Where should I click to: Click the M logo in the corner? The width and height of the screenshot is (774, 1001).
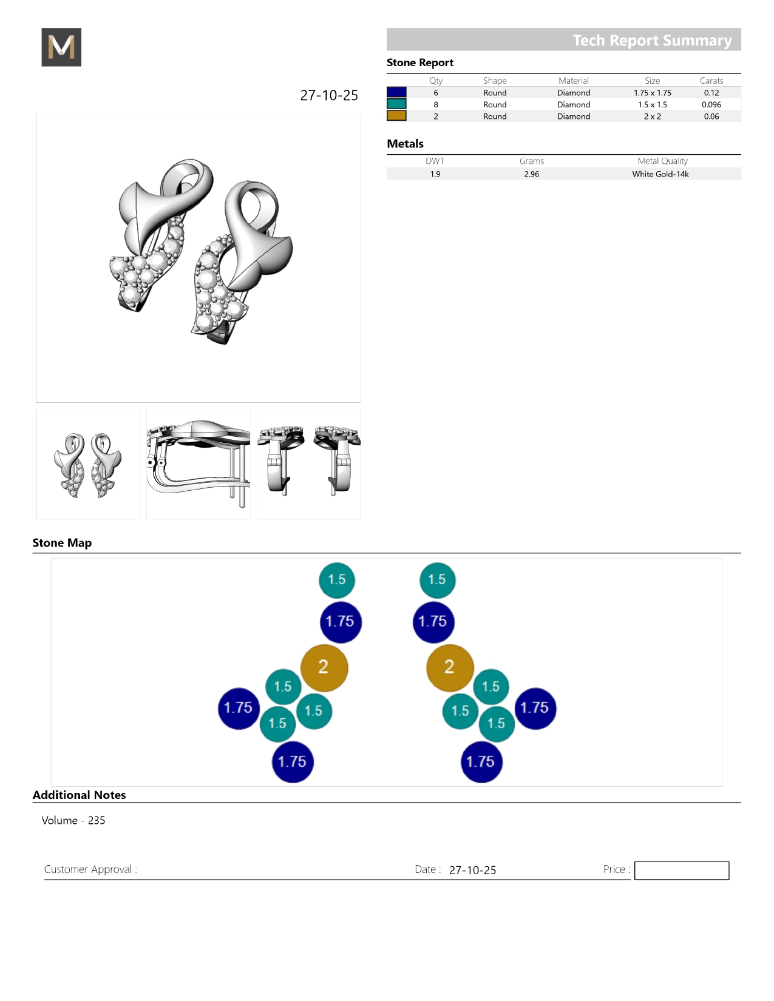pyautogui.click(x=61, y=47)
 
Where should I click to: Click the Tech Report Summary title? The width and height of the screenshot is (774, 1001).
pyautogui.click(x=652, y=40)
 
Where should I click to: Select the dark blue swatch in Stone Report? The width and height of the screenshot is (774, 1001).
pyautogui.click(x=396, y=92)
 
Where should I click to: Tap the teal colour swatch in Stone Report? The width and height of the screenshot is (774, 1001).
pyautogui.click(x=396, y=104)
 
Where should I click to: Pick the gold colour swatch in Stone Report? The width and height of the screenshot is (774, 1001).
pyautogui.click(x=396, y=116)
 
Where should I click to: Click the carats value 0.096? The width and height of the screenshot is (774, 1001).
pyautogui.click(x=711, y=104)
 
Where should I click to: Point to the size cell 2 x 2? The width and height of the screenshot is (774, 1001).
pyautogui.click(x=653, y=116)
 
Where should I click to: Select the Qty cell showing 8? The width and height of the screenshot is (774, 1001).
pyautogui.click(x=436, y=104)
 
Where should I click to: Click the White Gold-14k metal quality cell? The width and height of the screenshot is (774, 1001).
pyautogui.click(x=660, y=174)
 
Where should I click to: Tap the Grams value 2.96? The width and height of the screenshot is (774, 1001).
pyautogui.click(x=532, y=174)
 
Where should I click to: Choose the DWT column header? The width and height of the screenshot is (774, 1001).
pyautogui.click(x=435, y=161)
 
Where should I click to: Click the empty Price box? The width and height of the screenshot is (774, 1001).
pyautogui.click(x=681, y=870)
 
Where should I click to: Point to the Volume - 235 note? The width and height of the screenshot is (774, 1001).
pyautogui.click(x=73, y=820)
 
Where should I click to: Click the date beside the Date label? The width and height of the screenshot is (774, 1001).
pyautogui.click(x=472, y=870)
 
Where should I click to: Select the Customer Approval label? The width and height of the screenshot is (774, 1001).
pyautogui.click(x=90, y=869)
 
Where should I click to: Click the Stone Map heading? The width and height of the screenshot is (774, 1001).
pyautogui.click(x=62, y=542)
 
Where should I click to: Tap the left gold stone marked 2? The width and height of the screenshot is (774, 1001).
pyautogui.click(x=324, y=667)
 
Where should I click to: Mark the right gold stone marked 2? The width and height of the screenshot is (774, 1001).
pyautogui.click(x=450, y=667)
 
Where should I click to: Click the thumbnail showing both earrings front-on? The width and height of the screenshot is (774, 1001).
pyautogui.click(x=87, y=464)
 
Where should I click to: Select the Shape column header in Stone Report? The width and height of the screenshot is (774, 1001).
pyautogui.click(x=495, y=81)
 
